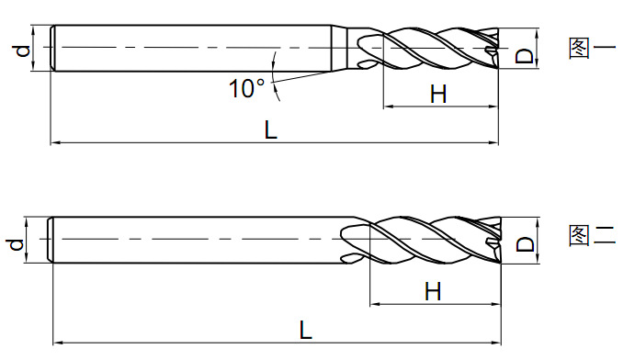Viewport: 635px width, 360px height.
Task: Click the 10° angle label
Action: point(246,88)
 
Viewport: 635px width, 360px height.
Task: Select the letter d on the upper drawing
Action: point(23,51)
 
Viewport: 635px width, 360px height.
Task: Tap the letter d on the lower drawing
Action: point(17,244)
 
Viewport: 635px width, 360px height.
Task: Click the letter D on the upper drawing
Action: point(525,56)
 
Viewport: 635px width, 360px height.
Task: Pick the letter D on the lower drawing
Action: point(526,244)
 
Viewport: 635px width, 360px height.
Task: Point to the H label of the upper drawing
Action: point(438,94)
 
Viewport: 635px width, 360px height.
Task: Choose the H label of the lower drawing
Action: point(433,291)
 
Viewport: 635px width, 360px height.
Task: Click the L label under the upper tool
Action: point(270,129)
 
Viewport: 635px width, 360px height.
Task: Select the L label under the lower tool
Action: point(306,330)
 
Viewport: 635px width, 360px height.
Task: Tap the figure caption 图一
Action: point(592,48)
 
